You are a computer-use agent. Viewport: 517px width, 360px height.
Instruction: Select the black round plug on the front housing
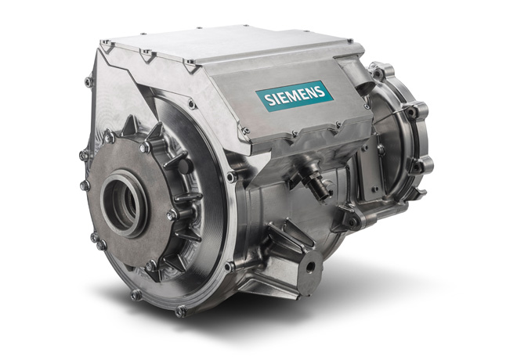tap(185, 164)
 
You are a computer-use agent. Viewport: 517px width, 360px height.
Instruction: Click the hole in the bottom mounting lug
tap(311, 267)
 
